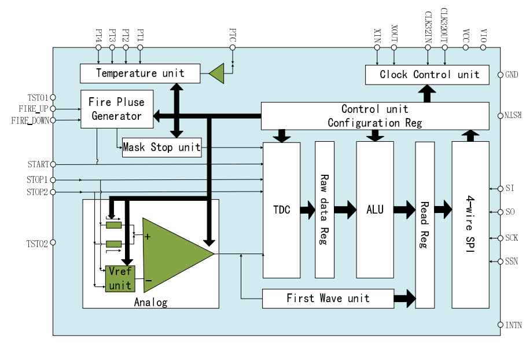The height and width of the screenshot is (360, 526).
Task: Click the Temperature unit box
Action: click(139, 74)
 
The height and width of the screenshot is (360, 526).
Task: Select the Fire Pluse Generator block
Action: click(116, 109)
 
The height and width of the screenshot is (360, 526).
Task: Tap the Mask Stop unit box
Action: click(161, 148)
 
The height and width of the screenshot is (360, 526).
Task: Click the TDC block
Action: click(281, 210)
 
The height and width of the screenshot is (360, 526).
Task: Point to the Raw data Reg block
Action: click(324, 210)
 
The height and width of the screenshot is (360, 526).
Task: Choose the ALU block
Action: click(374, 210)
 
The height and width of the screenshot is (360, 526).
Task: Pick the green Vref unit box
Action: click(120, 278)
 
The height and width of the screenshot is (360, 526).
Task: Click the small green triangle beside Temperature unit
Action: click(216, 74)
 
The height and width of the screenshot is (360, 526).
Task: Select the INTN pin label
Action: click(513, 325)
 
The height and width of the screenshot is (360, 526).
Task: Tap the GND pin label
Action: click(512, 75)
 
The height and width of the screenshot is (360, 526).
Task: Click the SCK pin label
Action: click(512, 238)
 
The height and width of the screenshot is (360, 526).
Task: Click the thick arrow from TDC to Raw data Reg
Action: click(307, 210)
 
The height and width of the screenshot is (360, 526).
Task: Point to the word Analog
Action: click(150, 302)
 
